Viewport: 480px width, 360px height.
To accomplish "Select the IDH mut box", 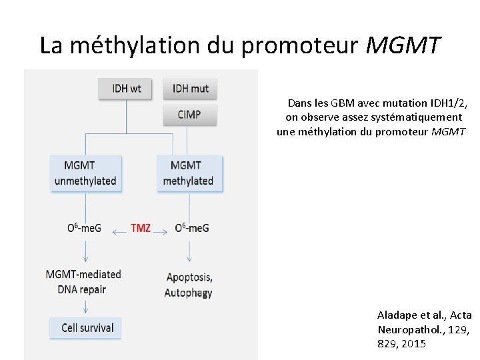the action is point(190,89).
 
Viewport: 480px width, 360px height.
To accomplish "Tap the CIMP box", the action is point(190,115).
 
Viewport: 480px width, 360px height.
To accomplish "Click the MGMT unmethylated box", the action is point(86,173).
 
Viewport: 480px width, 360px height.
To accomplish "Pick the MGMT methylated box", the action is point(189,173).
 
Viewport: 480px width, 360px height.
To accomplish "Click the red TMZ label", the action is point(141,228).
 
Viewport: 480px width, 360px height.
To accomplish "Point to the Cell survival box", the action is point(86,327).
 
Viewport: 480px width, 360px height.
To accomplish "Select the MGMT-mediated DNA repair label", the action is point(84,281).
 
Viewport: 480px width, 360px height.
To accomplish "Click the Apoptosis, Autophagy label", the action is point(189,285).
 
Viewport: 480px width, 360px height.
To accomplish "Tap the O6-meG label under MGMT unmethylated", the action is point(85,228).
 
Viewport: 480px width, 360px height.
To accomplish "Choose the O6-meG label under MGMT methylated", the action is point(192,228).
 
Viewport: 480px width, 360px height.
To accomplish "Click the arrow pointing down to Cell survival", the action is point(86,306).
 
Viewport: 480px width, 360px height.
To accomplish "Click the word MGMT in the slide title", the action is point(403,45).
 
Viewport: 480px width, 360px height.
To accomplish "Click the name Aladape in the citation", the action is point(398,315).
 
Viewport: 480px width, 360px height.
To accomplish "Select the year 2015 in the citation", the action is point(412,343).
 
